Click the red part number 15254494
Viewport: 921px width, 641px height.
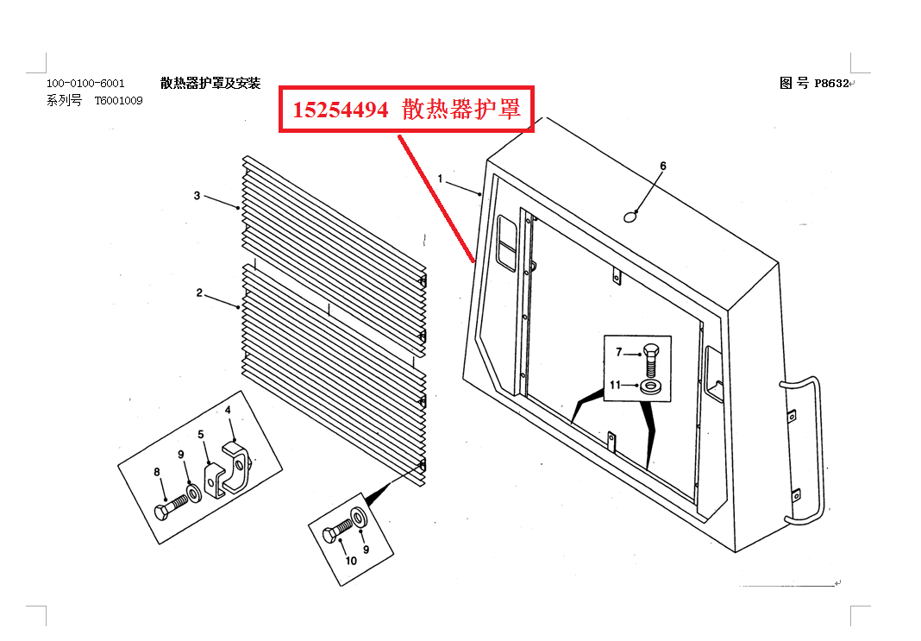pos(340,110)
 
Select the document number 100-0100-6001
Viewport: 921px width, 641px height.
pos(85,83)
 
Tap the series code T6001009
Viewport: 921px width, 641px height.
pos(119,101)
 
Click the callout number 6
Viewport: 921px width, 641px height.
pos(663,165)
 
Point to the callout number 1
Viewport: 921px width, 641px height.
pos(440,179)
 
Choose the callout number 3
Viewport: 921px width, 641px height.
pos(197,196)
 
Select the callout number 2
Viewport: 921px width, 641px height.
pos(199,293)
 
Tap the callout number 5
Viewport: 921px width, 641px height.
pos(200,434)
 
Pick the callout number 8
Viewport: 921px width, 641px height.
pos(157,471)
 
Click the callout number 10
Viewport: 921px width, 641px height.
pos(351,561)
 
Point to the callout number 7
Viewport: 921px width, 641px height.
pos(618,352)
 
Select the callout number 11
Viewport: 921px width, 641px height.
pos(616,385)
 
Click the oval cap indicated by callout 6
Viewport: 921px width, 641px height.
pos(630,216)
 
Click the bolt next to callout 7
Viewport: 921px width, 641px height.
pos(651,358)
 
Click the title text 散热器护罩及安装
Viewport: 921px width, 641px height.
pos(210,83)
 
